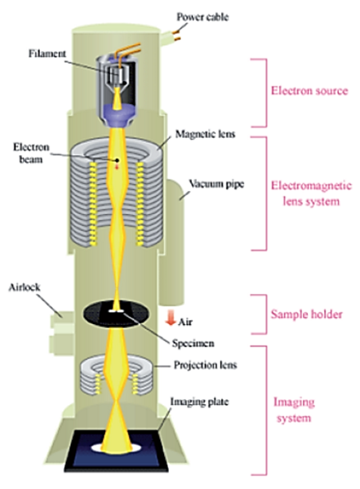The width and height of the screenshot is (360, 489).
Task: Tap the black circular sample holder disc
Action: (121, 315)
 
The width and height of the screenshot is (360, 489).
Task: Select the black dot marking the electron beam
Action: (117, 160)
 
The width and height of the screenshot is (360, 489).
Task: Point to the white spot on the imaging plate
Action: (120, 450)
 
